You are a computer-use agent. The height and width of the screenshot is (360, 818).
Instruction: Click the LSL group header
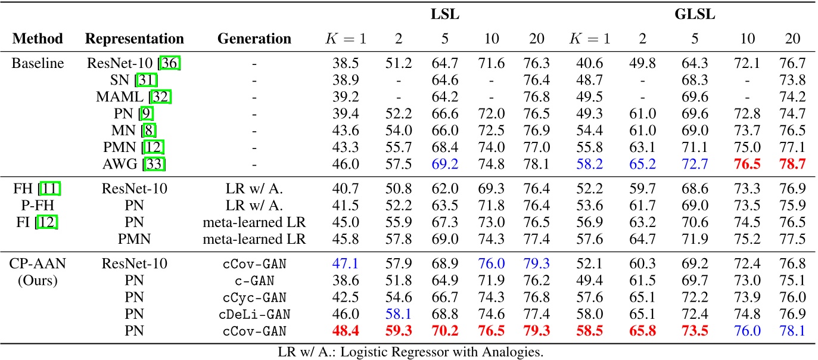444,14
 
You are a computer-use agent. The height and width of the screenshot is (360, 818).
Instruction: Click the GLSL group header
695,14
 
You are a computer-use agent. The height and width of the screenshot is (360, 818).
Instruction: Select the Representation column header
135,39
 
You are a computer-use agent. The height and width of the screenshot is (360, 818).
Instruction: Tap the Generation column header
254,39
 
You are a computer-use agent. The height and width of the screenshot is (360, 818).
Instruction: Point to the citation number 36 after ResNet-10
170,64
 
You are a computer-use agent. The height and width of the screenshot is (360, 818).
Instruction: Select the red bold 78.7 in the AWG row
792,163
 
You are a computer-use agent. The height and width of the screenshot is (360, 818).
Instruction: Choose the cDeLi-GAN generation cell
254,314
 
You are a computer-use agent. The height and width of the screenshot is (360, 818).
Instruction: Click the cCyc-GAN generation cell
254,297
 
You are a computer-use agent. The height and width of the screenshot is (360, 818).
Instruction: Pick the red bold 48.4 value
346,331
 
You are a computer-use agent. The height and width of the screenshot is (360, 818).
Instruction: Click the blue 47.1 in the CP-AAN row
346,264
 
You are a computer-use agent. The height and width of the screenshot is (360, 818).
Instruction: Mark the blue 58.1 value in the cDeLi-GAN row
399,314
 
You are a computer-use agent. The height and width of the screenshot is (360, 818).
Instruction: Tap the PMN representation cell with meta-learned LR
135,239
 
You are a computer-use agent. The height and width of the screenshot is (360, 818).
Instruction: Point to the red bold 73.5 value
695,331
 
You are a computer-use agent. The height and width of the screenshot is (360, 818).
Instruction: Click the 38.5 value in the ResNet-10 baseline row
346,64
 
